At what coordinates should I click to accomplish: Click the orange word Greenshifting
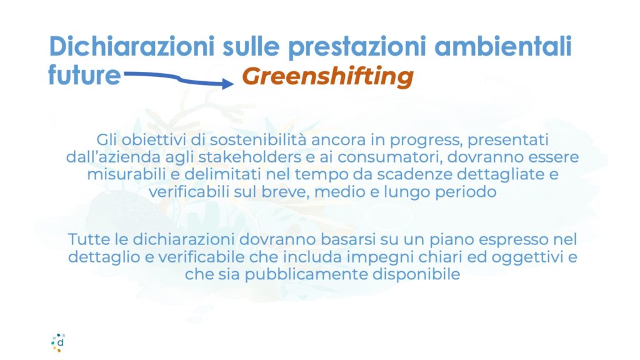point(327,77)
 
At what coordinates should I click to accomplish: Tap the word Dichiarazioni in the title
point(131,46)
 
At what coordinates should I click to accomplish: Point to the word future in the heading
point(84,75)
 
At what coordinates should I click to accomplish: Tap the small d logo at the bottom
point(58,342)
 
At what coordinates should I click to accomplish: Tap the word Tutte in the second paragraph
point(89,239)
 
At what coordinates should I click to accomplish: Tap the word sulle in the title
point(251,46)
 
